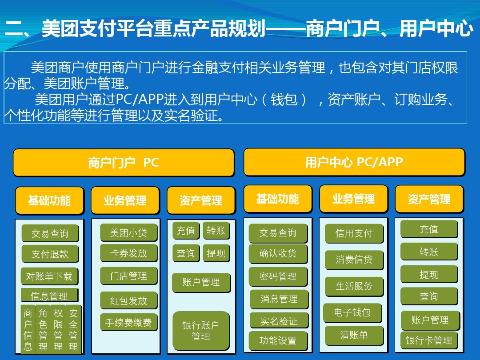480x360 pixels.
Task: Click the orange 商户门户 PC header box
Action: (124, 163)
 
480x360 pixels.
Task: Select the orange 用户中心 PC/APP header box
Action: (354, 162)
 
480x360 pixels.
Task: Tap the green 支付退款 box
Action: (50, 254)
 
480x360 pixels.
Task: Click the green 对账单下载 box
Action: (49, 276)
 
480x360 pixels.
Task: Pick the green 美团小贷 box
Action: (128, 233)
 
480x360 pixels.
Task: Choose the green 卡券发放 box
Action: (128, 253)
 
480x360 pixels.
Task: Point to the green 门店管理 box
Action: (128, 276)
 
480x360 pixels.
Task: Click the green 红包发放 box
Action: (128, 300)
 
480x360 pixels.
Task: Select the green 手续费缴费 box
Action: (128, 322)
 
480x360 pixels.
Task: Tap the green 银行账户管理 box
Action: (201, 331)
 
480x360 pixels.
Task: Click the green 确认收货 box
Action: (278, 253)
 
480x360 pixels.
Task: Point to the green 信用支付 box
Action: (354, 234)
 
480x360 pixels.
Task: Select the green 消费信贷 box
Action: (354, 260)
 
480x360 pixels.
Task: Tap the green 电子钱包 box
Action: (352, 313)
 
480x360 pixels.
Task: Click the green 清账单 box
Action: (354, 336)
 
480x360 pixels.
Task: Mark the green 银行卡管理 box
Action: (429, 340)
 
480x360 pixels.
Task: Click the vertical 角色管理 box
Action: (43, 329)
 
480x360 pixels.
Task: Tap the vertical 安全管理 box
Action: (73, 329)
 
